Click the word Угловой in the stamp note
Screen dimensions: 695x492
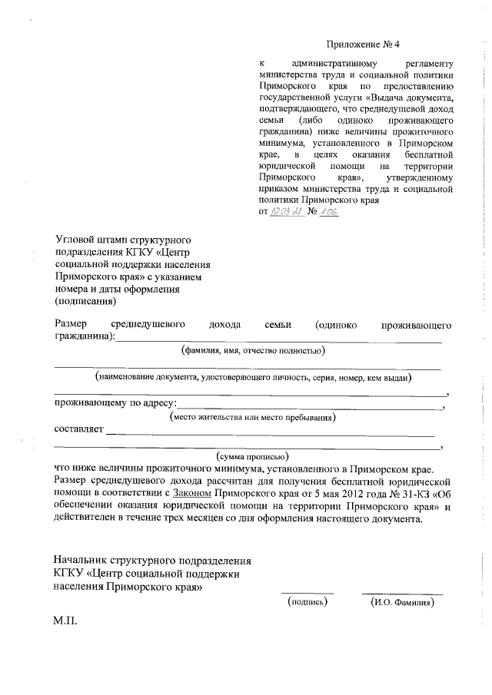[75, 241]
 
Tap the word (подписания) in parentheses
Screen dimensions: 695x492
[85, 301]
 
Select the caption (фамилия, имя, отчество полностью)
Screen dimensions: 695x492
[251, 351]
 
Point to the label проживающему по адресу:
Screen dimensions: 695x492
[115, 403]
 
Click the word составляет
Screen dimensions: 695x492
[78, 430]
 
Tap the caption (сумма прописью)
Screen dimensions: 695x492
[253, 456]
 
